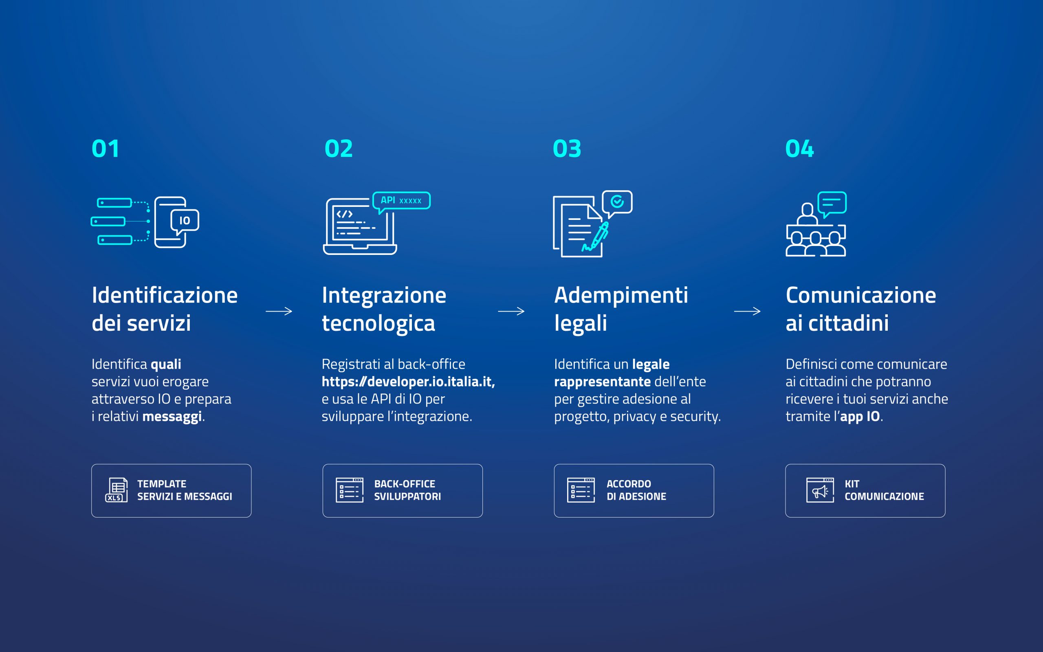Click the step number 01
click(105, 149)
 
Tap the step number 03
click(567, 149)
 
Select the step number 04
click(799, 149)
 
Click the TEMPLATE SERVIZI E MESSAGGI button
click(171, 491)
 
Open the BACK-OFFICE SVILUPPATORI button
click(403, 491)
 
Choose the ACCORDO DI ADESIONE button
click(634, 491)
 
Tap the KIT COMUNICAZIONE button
click(865, 491)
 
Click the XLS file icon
click(117, 490)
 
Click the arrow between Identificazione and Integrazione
click(279, 311)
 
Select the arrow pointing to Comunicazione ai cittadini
click(747, 311)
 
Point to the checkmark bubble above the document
click(617, 203)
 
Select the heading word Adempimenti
click(621, 296)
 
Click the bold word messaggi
click(172, 417)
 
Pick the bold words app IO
click(860, 417)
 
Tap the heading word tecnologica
click(378, 323)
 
